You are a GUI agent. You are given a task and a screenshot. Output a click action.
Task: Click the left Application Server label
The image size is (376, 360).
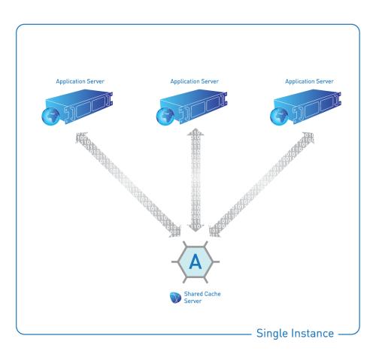(x=80, y=81)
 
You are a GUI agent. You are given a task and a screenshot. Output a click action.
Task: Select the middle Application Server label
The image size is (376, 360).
(x=195, y=81)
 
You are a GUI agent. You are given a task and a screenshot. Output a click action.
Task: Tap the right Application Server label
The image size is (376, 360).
(x=309, y=81)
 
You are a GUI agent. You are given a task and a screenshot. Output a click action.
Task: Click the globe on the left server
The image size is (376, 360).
(x=50, y=116)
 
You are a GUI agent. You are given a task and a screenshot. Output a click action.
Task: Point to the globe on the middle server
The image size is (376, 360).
(x=165, y=116)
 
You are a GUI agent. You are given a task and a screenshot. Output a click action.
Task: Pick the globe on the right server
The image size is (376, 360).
(x=279, y=116)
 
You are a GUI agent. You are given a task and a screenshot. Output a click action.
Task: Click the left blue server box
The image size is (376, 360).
(x=79, y=106)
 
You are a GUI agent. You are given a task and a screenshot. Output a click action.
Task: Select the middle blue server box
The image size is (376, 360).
(x=193, y=106)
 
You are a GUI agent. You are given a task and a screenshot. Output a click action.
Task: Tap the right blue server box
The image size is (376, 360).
(x=308, y=106)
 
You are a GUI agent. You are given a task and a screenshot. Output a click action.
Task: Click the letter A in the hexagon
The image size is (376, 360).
(x=196, y=262)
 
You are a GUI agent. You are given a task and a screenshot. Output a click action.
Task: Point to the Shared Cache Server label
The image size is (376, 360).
(x=202, y=298)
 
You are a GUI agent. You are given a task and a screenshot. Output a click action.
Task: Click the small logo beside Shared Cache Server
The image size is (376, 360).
(x=175, y=298)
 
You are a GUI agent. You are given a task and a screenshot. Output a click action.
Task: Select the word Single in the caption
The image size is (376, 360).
(x=271, y=334)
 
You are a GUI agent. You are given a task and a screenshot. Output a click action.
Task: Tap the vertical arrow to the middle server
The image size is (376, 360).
(x=196, y=180)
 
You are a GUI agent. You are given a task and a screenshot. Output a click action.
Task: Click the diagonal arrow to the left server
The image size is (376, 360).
(x=128, y=185)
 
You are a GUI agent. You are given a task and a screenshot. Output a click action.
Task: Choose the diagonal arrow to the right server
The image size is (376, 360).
(x=262, y=185)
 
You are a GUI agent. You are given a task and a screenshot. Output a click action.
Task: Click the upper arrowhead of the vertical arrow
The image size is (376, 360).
(x=196, y=132)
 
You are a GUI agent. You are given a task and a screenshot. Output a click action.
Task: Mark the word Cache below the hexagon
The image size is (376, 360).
(x=211, y=294)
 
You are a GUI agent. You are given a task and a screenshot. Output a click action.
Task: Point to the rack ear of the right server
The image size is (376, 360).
(x=339, y=98)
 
